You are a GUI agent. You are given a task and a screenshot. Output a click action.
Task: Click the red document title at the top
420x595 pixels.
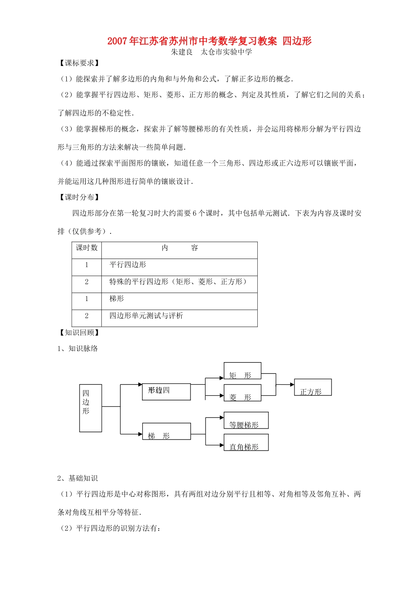[x=209, y=41]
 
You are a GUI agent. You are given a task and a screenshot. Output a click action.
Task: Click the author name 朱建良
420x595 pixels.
[x=182, y=52]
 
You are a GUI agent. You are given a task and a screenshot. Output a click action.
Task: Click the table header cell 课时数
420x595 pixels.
[x=87, y=248]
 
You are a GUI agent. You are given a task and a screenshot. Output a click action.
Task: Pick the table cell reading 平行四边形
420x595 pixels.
[x=128, y=265]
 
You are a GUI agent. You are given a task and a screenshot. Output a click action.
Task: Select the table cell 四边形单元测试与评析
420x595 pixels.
[x=146, y=316]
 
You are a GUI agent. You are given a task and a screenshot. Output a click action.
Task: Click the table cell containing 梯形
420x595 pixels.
[x=117, y=299]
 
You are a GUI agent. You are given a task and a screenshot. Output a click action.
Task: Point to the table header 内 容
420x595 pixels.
[x=179, y=248]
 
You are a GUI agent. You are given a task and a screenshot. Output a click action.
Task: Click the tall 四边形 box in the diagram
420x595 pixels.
[x=91, y=408]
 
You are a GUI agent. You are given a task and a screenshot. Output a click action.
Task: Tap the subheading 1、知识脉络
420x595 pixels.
[x=78, y=348]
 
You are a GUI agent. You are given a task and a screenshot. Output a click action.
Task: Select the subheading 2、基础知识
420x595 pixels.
[x=78, y=478]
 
